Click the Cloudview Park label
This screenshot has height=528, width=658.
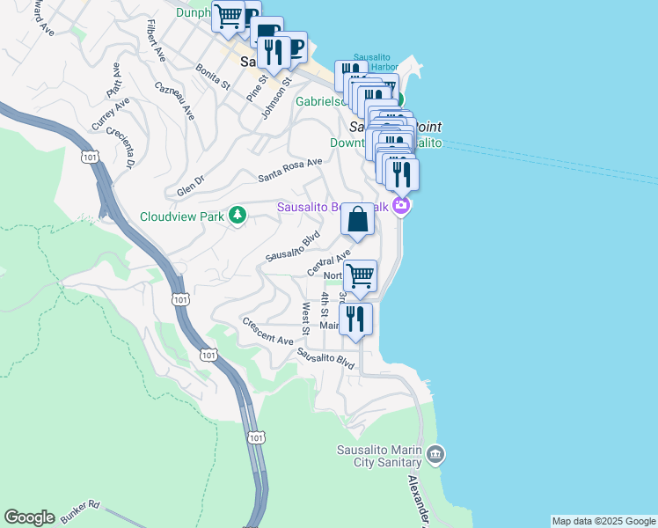[x=182, y=216]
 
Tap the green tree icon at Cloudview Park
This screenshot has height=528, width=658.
[x=237, y=215]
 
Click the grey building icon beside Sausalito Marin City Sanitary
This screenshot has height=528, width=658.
[x=435, y=454]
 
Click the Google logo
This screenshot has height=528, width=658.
[x=29, y=517]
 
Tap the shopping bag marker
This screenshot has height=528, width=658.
[x=358, y=221]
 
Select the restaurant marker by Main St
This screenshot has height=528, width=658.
[x=355, y=320]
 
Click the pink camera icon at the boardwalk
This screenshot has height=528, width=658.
[x=401, y=206]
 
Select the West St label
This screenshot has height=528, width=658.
[x=305, y=319]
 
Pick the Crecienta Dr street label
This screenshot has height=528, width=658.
[x=120, y=147]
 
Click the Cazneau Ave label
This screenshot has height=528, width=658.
[x=172, y=100]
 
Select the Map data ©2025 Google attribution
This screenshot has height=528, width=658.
[x=603, y=521]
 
